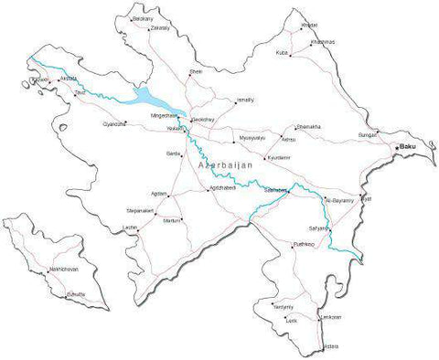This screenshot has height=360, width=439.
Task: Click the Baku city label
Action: [410, 147]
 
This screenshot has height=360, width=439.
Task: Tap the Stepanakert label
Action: [140, 209]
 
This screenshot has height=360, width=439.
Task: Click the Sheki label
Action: [195, 70]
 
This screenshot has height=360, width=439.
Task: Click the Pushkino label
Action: [304, 245]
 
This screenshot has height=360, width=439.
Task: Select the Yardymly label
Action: [284, 307]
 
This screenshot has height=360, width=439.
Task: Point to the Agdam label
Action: [159, 194]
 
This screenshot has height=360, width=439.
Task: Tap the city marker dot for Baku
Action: [398, 148]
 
